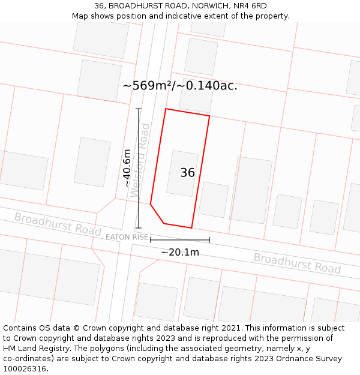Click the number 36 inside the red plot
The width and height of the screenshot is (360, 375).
pos(187,173)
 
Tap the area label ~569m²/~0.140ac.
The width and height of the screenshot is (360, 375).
pos(180,86)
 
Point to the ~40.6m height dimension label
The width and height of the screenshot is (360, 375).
pos(127,168)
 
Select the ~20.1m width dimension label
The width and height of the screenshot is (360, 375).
pos(180,253)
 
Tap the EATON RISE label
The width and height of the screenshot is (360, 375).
pos(127,237)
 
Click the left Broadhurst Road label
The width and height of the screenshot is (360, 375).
pos(58,224)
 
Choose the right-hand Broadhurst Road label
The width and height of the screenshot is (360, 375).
pos(297,263)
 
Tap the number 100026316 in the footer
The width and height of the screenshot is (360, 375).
pos(25,369)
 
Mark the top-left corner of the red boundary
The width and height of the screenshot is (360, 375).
pos(166,109)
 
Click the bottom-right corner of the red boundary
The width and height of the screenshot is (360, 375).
pos(191,228)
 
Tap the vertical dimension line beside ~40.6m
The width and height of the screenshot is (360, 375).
pos(139,168)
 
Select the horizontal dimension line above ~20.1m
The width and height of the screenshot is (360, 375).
pos(180,241)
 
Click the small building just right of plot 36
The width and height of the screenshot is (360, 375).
pos(214,199)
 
